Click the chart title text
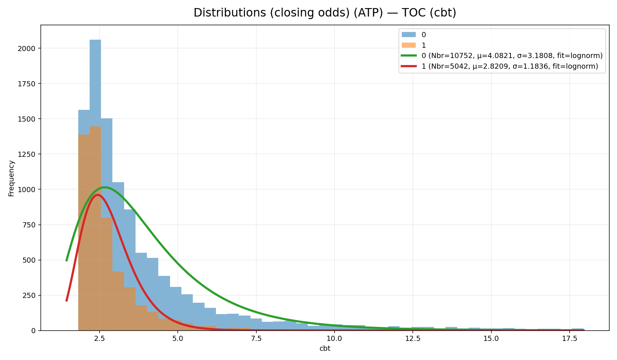(325, 13)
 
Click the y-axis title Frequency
(11, 178)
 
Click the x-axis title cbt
(325, 349)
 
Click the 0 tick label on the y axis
(34, 331)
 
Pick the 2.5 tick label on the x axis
(100, 338)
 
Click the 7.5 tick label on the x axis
(256, 338)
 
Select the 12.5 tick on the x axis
(413, 338)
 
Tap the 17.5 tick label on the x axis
(569, 338)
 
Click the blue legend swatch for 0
(408, 35)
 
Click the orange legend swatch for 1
(408, 46)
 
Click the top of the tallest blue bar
(95, 40)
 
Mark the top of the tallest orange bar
(95, 127)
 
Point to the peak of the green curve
(105, 187)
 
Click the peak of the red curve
(97, 195)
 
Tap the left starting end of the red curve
(66, 301)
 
